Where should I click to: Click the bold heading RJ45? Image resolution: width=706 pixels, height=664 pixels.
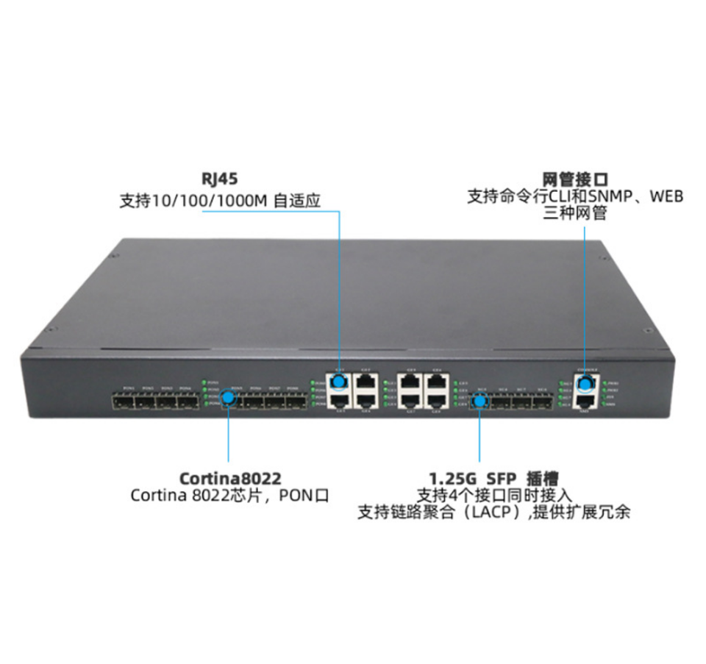pyautogui.click(x=220, y=179)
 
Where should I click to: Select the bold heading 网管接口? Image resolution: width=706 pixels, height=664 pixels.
pyautogui.click(x=575, y=179)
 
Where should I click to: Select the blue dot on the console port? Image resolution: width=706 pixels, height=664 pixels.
pyautogui.click(x=585, y=384)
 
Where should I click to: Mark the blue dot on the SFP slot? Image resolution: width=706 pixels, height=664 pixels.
pyautogui.click(x=479, y=401)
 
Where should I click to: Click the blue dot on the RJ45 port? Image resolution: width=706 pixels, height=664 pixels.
pyautogui.click(x=339, y=382)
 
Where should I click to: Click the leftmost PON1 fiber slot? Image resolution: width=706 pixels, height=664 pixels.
pyautogui.click(x=122, y=401)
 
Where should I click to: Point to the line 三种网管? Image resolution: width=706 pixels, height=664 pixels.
pyautogui.click(x=575, y=214)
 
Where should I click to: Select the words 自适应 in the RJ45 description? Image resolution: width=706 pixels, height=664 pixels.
pyautogui.click(x=297, y=200)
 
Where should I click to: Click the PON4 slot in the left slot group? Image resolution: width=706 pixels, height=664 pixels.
pyautogui.click(x=186, y=401)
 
